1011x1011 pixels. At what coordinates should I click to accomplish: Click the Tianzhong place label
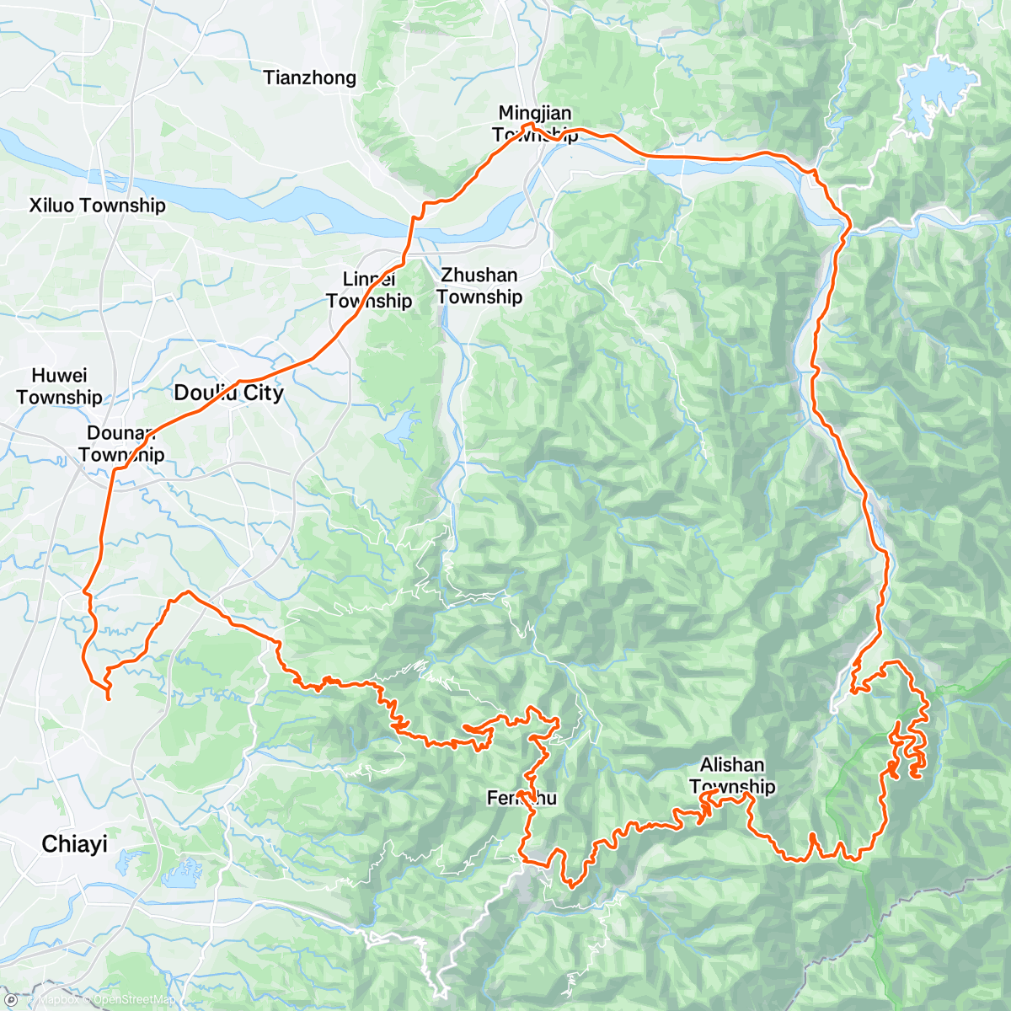coord(309,78)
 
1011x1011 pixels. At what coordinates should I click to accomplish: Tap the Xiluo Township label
coord(97,206)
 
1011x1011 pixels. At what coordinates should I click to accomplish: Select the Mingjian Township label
coord(535,123)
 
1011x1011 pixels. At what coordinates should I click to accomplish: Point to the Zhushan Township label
coord(479,286)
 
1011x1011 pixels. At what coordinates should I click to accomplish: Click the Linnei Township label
coord(369,290)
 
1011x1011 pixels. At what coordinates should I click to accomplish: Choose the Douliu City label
coord(228,393)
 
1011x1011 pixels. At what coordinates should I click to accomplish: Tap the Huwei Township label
coord(59,386)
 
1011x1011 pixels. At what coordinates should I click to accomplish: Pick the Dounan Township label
coord(121,444)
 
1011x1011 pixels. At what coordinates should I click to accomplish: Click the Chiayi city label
coord(74,844)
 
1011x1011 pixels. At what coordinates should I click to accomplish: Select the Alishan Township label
coord(732,775)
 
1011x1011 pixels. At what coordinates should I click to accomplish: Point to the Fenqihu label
coord(522,798)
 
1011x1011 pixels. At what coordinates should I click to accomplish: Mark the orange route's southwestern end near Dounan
coord(109,698)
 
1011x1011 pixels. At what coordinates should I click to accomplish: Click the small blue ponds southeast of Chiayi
coord(180,872)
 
